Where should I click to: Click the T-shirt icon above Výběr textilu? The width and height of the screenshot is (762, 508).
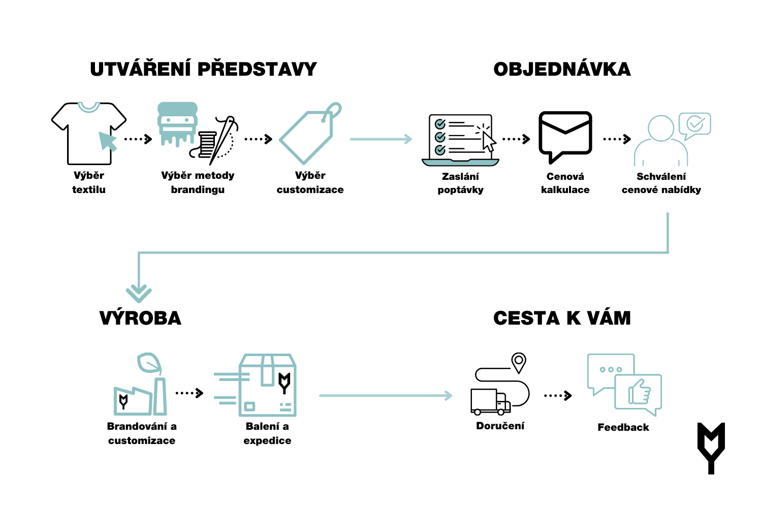(88, 133)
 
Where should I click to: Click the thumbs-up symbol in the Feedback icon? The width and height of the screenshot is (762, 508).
(640, 392)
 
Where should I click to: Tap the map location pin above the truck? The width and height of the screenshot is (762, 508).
(518, 362)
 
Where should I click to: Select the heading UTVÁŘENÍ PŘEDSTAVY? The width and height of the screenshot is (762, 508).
(203, 69)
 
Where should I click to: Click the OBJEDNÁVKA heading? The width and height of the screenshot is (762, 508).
(562, 69)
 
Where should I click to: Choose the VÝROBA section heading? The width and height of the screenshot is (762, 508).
(140, 318)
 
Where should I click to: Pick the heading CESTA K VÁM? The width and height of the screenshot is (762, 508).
(562, 318)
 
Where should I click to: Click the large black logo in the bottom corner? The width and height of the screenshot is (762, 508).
(711, 448)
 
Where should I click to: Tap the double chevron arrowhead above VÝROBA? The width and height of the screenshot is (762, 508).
(139, 293)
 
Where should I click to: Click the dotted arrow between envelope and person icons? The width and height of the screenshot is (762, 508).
(617, 139)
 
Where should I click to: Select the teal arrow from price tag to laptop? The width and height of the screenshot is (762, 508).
(381, 139)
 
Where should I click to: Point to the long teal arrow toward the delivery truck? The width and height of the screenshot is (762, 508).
(385, 395)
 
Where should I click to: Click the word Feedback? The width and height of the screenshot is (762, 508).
(623, 427)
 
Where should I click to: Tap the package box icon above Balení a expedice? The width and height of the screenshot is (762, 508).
(267, 385)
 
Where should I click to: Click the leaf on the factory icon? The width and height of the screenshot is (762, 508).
(149, 364)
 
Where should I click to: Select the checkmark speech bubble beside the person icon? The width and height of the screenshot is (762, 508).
(694, 124)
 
